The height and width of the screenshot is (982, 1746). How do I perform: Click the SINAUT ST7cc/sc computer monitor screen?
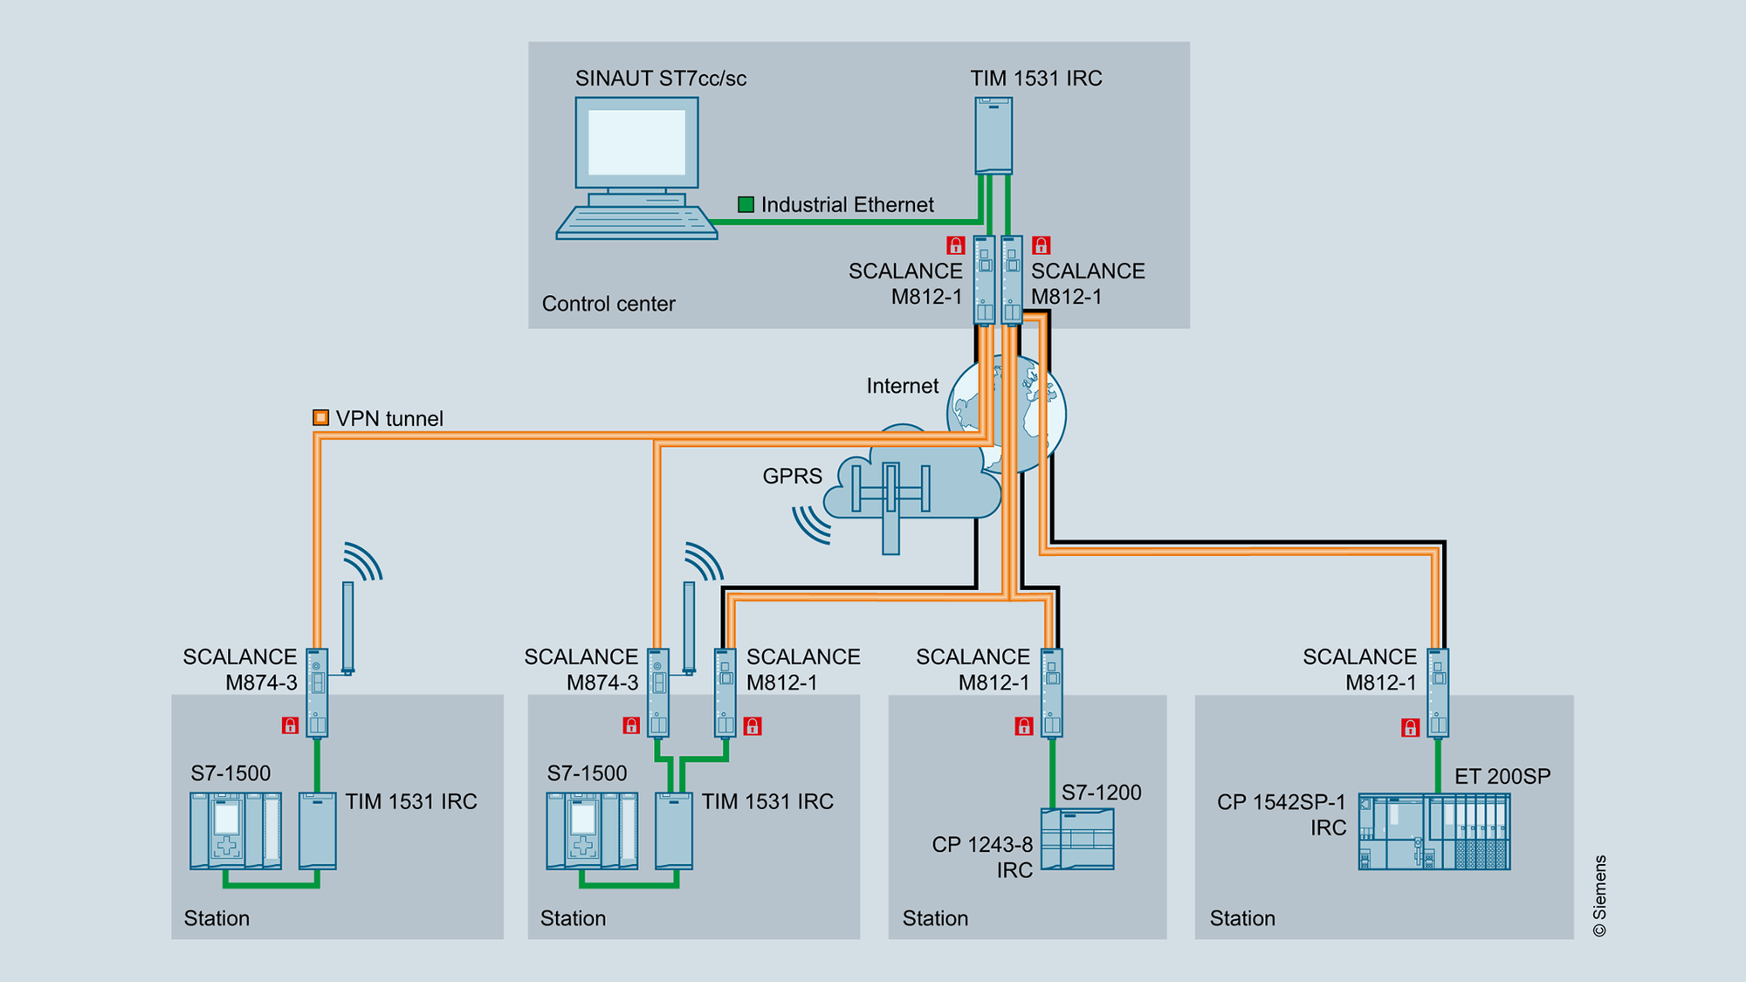pyautogui.click(x=636, y=141)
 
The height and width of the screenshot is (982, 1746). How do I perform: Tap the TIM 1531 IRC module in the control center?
pyautogui.click(x=993, y=135)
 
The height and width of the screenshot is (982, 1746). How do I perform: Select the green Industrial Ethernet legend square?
pyautogui.click(x=746, y=204)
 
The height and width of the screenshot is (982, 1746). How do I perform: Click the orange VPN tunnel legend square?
pyautogui.click(x=320, y=417)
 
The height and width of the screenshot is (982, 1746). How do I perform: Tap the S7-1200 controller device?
pyautogui.click(x=1077, y=839)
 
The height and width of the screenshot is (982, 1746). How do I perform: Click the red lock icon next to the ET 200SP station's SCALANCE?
pyautogui.click(x=1409, y=727)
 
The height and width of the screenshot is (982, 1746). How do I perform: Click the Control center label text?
pyautogui.click(x=608, y=304)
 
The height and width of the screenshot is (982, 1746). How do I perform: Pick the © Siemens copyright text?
pyautogui.click(x=1599, y=896)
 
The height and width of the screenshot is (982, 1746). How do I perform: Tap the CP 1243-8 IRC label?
pyautogui.click(x=983, y=857)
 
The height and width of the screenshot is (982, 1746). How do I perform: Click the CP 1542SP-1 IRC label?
pyautogui.click(x=1282, y=814)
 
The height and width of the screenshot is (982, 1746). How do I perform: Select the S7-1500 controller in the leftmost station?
pyautogui.click(x=236, y=831)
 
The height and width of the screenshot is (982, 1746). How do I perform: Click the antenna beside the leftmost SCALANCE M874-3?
pyautogui.click(x=348, y=627)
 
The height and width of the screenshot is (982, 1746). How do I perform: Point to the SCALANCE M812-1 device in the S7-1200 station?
pyautogui.click(x=1052, y=693)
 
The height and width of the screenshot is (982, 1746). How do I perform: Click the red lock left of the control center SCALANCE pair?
pyautogui.click(x=955, y=245)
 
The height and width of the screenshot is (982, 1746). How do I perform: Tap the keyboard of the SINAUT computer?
pyautogui.click(x=636, y=223)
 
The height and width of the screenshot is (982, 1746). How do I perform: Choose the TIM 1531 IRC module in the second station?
pyautogui.click(x=673, y=831)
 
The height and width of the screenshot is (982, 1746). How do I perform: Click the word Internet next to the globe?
pyautogui.click(x=902, y=386)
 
